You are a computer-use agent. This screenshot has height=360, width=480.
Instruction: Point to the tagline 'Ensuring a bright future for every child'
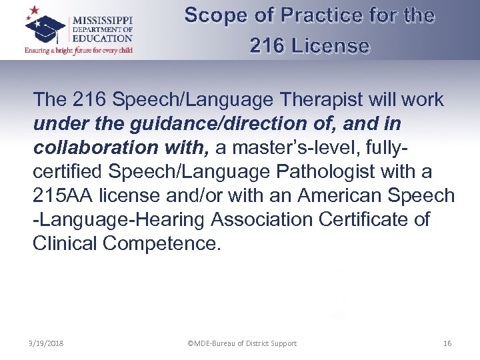[x=79, y=50]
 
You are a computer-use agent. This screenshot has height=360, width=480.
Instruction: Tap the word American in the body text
[x=338, y=195]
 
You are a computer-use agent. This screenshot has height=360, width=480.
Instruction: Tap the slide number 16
[x=447, y=343]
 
